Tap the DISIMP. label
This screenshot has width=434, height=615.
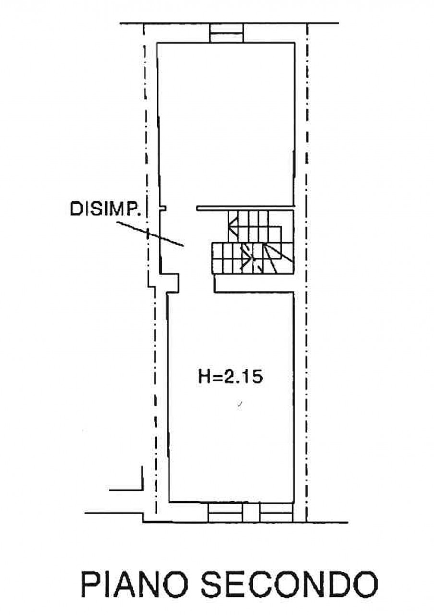(104, 209)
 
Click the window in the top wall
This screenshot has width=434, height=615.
(227, 32)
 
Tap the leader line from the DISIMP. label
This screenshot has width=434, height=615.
(150, 234)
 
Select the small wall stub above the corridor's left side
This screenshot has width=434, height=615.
(163, 209)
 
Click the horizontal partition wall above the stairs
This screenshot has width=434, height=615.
(245, 209)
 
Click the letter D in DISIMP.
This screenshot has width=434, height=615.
(76, 209)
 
